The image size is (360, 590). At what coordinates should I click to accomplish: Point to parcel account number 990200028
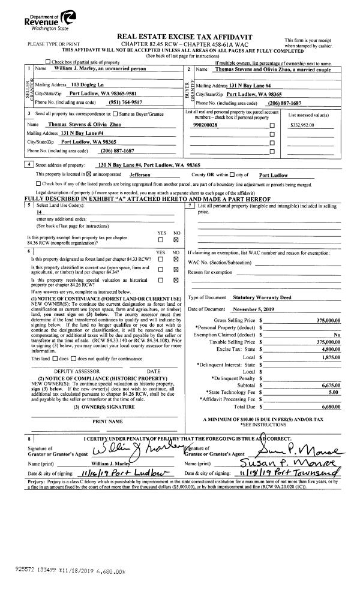(206, 125)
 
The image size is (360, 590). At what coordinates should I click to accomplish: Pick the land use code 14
(40, 212)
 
